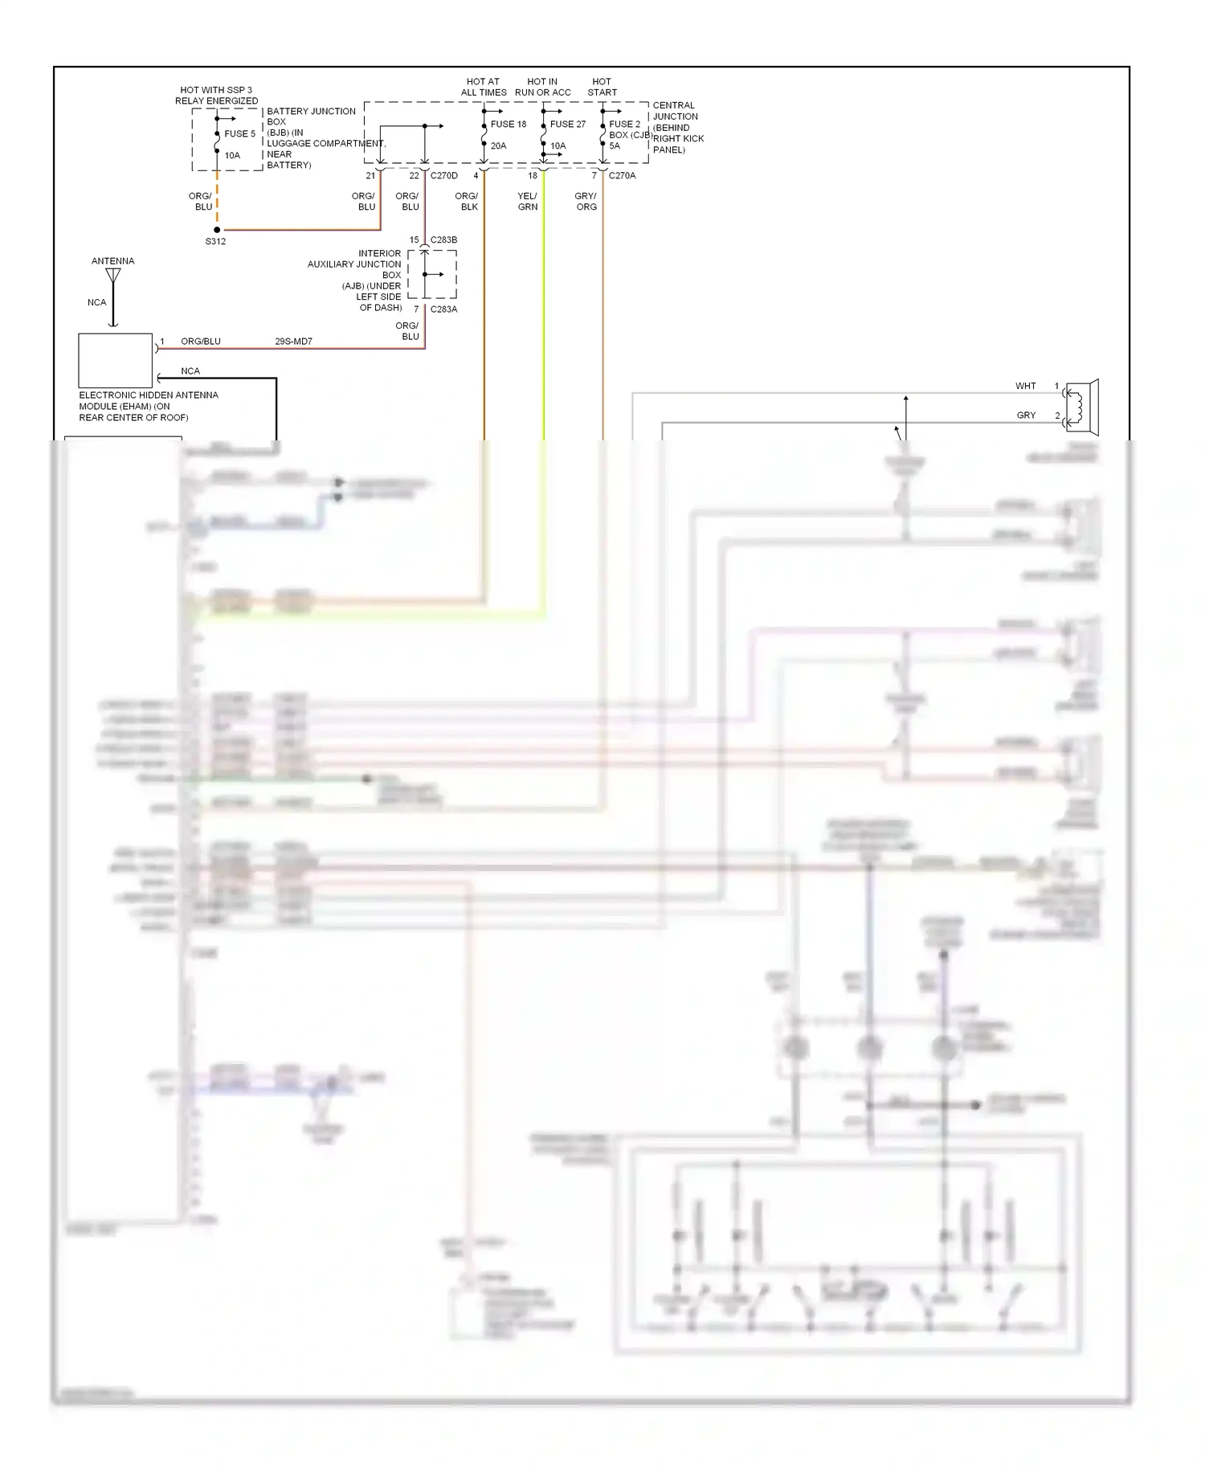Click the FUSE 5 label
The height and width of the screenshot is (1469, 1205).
239,134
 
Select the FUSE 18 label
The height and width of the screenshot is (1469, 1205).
509,125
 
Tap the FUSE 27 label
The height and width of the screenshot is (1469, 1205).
568,125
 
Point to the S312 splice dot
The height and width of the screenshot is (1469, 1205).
217,230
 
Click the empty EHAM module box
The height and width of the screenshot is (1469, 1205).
115,361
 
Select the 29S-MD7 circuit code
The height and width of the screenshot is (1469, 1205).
293,342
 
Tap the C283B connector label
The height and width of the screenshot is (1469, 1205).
443,240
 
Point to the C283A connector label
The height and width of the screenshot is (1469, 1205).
443,309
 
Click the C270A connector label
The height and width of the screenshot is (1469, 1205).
622,176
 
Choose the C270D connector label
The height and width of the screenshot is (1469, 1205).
443,176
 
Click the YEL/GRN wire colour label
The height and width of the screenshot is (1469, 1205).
528,202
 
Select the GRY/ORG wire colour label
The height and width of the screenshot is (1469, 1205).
586,202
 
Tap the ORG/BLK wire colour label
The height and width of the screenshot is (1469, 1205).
467,202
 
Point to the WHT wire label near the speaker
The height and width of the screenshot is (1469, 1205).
1025,387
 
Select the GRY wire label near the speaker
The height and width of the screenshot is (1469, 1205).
1026,415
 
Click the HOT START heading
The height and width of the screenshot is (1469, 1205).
602,87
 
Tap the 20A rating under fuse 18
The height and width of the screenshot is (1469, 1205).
498,146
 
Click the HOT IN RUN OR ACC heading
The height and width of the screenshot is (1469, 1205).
542,87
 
